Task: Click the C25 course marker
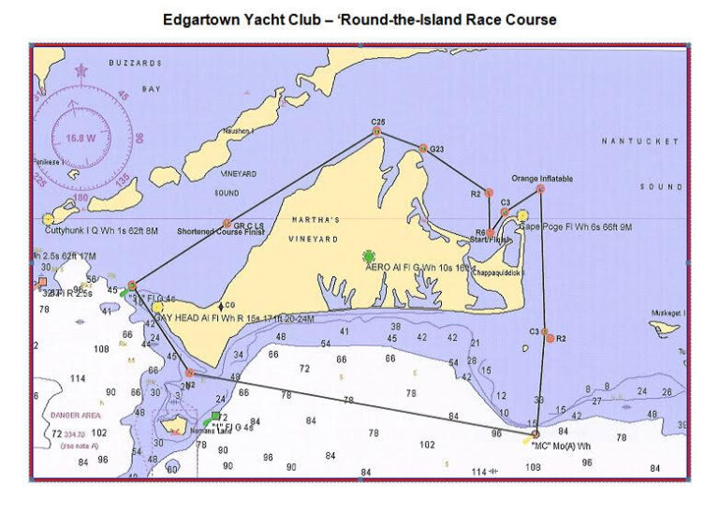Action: click(377, 132)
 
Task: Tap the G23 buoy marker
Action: click(423, 148)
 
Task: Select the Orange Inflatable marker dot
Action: click(540, 189)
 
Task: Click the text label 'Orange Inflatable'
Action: click(542, 178)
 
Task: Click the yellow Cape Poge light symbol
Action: click(522, 216)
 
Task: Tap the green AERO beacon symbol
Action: click(369, 256)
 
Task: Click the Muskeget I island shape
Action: click(665, 328)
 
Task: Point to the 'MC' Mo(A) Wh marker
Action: click(535, 434)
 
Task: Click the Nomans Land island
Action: click(173, 428)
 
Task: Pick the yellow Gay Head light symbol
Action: click(158, 306)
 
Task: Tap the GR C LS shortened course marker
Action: click(227, 224)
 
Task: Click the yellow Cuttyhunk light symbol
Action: click(49, 219)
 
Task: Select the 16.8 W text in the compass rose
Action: click(81, 138)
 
